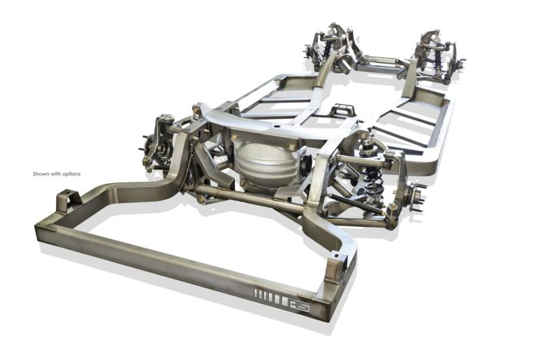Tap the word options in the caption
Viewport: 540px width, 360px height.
pos(72,174)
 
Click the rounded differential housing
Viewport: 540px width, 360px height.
pos(265,163)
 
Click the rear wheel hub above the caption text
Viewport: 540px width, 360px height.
pos(151,151)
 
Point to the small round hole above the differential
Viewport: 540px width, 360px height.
pos(275,126)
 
